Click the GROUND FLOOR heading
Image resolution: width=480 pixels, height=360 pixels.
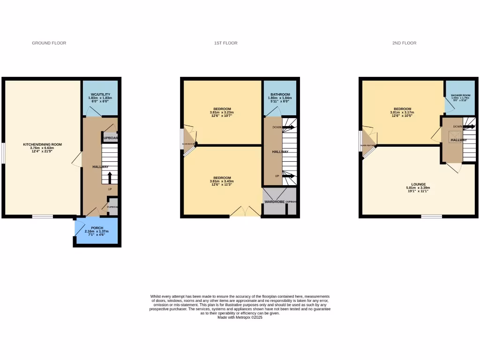[x=49, y=43]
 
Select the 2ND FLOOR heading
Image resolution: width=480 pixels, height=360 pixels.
[x=404, y=43]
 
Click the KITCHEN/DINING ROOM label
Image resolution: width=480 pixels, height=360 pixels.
[x=43, y=144]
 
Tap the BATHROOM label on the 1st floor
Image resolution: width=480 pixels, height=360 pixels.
[x=279, y=95]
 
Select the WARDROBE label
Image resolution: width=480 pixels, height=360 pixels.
[x=275, y=202]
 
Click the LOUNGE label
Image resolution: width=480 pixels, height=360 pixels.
[x=418, y=184]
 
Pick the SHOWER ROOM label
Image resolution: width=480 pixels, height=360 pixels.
[x=460, y=95]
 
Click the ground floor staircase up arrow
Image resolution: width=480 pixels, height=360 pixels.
[x=110, y=178]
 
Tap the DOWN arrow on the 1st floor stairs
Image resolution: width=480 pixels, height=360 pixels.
[x=288, y=127]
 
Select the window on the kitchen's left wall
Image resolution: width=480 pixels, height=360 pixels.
[x=3, y=153]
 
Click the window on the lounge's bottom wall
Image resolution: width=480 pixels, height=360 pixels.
[x=431, y=216]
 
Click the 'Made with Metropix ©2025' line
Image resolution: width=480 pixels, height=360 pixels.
[x=240, y=317]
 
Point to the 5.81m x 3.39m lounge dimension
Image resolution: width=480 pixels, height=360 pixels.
[x=418, y=188]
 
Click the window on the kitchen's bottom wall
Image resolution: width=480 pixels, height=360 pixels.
[x=43, y=216]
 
